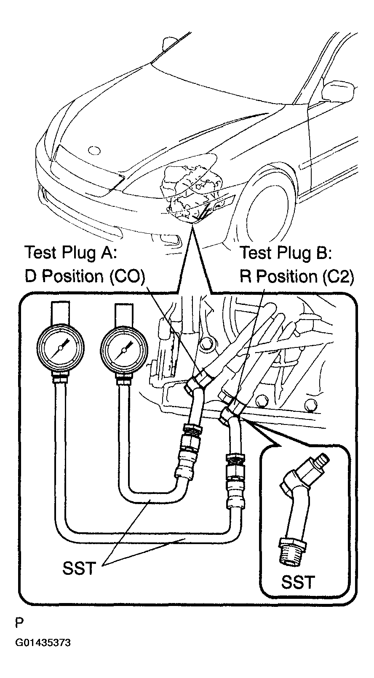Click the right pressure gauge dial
pos(124,350)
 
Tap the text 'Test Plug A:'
pos(70,252)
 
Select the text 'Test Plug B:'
pos(285,252)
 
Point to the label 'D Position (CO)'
pos(85,276)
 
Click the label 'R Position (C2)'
pos(297,276)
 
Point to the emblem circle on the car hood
pos(94,151)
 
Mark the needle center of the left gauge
pos(60,348)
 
